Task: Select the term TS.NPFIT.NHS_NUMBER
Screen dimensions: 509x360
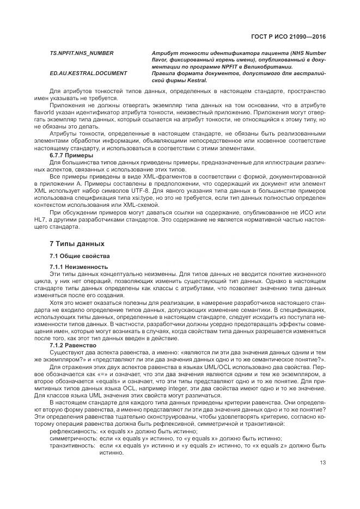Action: click(x=82, y=53)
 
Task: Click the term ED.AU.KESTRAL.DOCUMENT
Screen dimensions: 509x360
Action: click(x=88, y=73)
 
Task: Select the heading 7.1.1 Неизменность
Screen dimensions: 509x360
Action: click(x=79, y=267)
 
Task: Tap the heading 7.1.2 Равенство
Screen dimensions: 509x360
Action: click(x=72, y=345)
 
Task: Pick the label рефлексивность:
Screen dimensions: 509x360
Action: click(x=70, y=431)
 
